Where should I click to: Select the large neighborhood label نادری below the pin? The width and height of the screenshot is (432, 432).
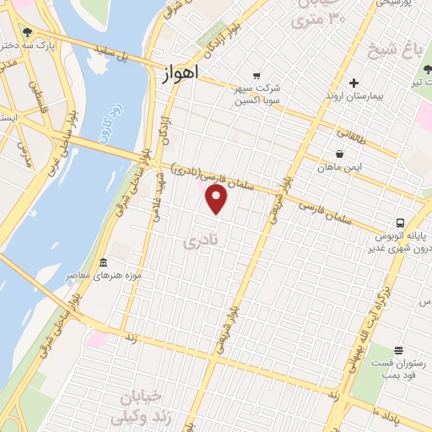[x=201, y=242]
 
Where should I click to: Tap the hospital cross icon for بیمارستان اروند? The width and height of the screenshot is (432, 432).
[x=354, y=83]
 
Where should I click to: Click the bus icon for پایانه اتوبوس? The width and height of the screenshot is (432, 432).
[x=398, y=224]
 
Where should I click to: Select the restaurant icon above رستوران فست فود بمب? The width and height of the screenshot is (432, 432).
[x=398, y=349]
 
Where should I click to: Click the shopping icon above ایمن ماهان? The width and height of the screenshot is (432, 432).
[x=339, y=154]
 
